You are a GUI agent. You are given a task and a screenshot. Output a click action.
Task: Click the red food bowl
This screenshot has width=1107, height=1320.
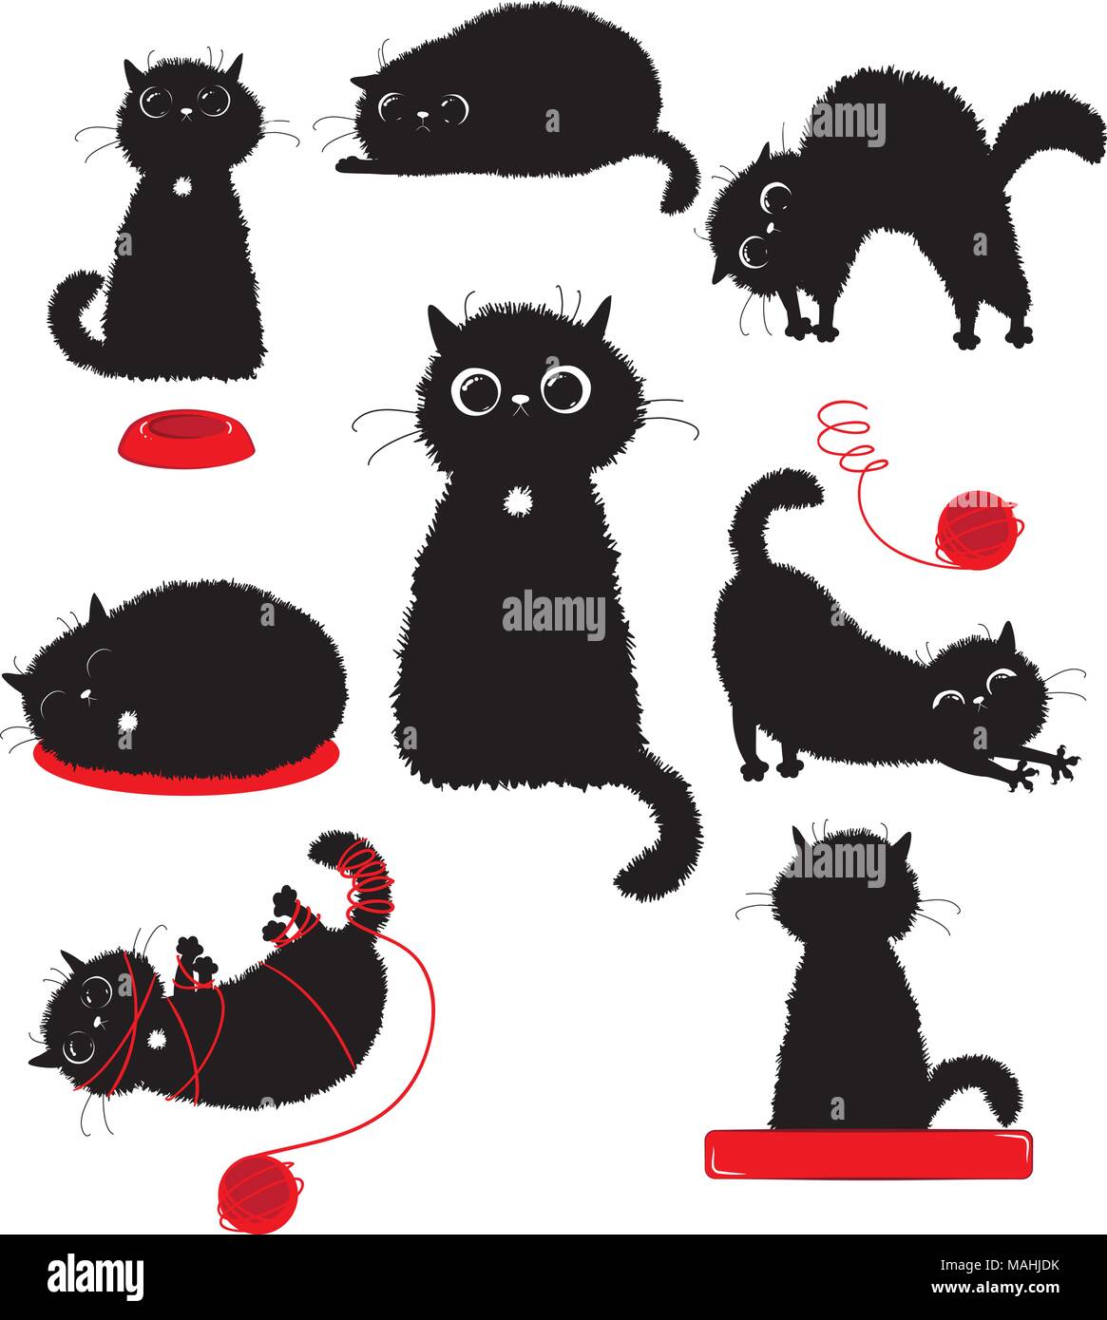[186, 438]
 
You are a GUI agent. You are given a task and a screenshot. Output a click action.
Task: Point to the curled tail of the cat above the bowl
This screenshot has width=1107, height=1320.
[76, 313]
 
